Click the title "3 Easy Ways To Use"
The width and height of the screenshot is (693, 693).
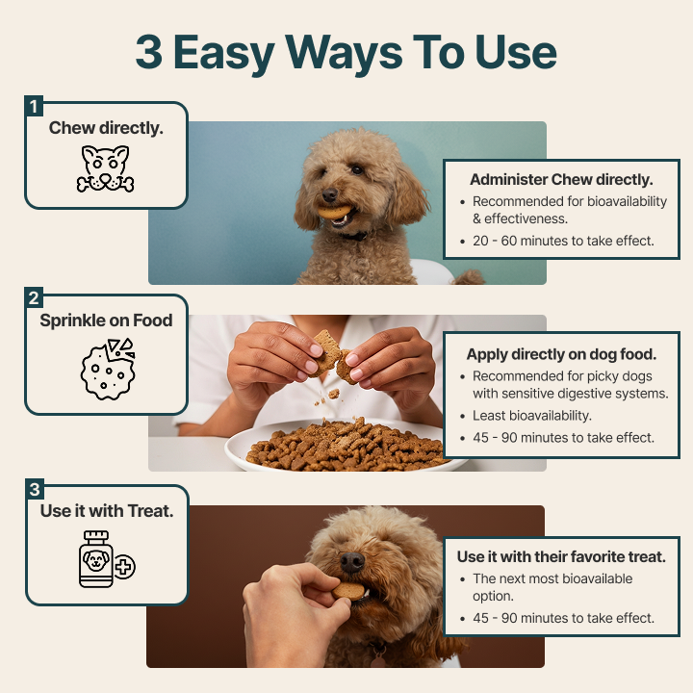(x=346, y=54)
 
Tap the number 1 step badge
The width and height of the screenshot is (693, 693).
(x=34, y=106)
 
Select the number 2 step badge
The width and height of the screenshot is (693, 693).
(x=34, y=297)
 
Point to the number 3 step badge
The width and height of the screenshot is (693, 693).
(x=35, y=489)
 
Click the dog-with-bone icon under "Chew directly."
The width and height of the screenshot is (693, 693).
(x=106, y=168)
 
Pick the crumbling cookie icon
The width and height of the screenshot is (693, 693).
(x=108, y=369)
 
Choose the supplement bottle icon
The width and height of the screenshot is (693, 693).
(x=107, y=559)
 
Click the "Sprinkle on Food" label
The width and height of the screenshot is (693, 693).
(x=106, y=321)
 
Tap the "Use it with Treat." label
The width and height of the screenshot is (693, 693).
(x=107, y=511)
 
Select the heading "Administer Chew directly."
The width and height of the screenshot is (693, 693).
(x=561, y=180)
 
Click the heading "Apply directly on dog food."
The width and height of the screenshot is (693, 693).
(x=561, y=354)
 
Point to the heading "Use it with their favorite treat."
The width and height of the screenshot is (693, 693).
(x=561, y=557)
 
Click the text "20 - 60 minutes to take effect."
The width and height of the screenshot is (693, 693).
(x=563, y=241)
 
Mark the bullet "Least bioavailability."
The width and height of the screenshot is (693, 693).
(x=532, y=416)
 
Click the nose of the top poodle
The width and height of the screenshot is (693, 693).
(x=330, y=194)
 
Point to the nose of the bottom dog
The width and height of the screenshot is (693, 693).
(x=352, y=562)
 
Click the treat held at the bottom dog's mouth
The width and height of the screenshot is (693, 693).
(x=348, y=591)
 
